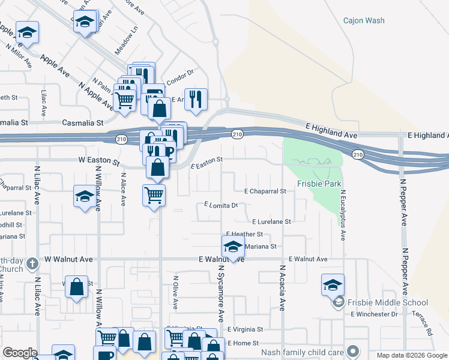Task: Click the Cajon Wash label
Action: (x=364, y=20)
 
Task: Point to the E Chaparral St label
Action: (x=265, y=191)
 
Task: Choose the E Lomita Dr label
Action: (x=221, y=205)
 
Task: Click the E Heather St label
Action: (x=244, y=234)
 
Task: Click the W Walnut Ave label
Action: (x=68, y=259)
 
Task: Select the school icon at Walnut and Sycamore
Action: (x=233, y=246)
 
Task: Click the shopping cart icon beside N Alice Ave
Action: (x=154, y=194)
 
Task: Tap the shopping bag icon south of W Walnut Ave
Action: (x=77, y=287)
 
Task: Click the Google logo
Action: (x=20, y=353)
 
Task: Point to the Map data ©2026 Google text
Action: (x=411, y=355)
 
